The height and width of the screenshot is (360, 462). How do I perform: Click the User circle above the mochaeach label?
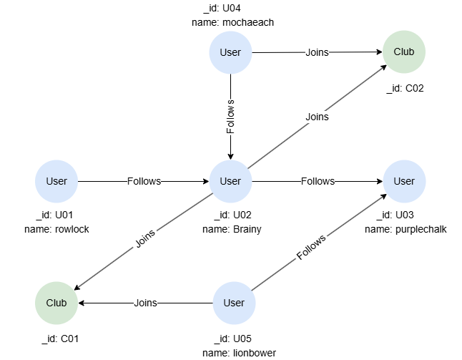point(230,52)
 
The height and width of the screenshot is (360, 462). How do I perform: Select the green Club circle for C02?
point(409,52)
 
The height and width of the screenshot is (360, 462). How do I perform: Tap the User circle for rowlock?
point(56,181)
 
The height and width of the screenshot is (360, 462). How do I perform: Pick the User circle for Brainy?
point(230,181)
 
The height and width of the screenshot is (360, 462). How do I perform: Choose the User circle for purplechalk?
point(404,181)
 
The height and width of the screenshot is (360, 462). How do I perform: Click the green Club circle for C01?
point(56,303)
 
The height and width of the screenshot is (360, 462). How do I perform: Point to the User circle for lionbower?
point(234,303)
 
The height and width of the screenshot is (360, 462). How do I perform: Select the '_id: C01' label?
point(58,339)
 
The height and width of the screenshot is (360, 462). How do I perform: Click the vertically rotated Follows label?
point(230,117)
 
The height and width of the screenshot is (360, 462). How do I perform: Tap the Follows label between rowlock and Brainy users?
point(144,181)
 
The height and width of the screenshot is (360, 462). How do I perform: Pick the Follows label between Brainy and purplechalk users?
point(318,181)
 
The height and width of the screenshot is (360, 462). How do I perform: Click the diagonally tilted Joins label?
point(145,238)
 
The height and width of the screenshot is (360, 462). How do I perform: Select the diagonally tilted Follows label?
point(311,247)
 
